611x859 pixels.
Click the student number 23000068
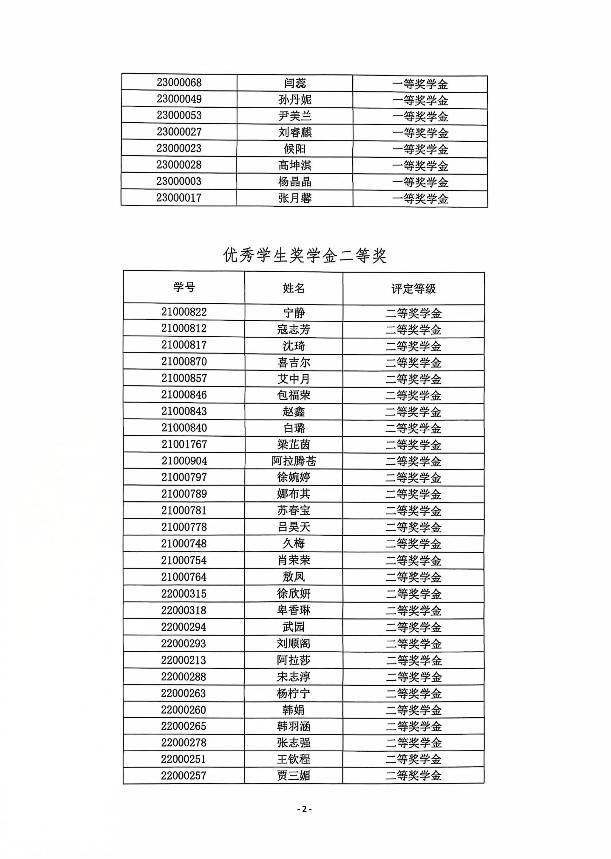179,82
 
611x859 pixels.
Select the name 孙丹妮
294,99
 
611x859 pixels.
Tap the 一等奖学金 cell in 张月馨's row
420,199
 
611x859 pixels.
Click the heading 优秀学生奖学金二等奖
305,255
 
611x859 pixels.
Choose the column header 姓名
294,288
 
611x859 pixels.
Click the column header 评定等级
413,288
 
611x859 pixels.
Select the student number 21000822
184,312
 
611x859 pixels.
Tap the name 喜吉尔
294,362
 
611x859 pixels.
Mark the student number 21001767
184,444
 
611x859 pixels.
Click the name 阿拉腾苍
294,461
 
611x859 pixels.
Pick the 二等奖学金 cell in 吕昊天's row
413,527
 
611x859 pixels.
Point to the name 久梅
294,543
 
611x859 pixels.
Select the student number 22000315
183,594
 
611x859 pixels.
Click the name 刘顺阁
294,643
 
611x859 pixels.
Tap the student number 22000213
183,660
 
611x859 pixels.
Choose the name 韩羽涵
294,726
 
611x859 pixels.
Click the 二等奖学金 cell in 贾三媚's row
413,775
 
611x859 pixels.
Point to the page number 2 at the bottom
304,809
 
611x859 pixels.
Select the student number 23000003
179,181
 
